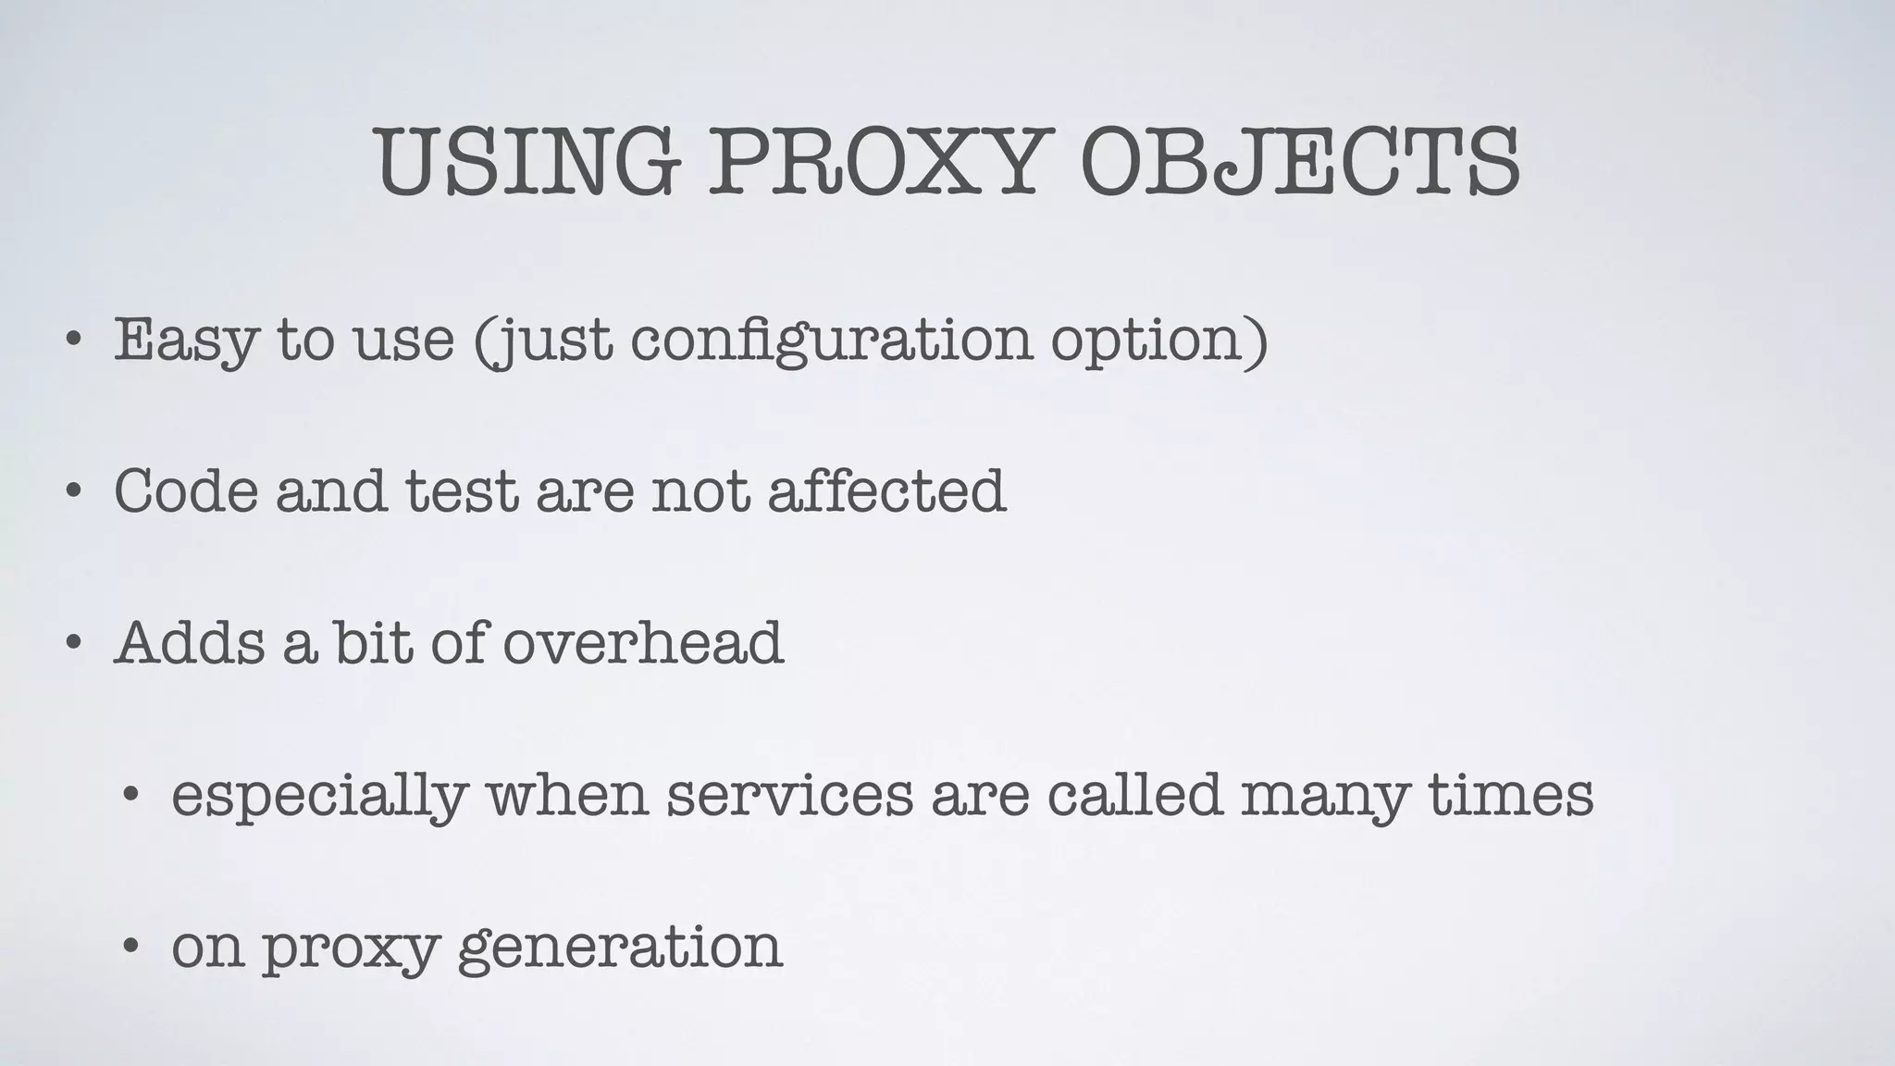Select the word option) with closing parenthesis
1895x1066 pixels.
pos(1158,341)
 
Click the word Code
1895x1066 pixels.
pos(186,490)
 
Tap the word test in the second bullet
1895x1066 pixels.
pos(461,490)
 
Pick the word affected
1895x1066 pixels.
pos(886,490)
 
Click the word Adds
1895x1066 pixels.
pos(190,641)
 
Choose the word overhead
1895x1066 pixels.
pos(643,641)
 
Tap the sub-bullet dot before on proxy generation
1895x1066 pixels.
pos(131,945)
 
